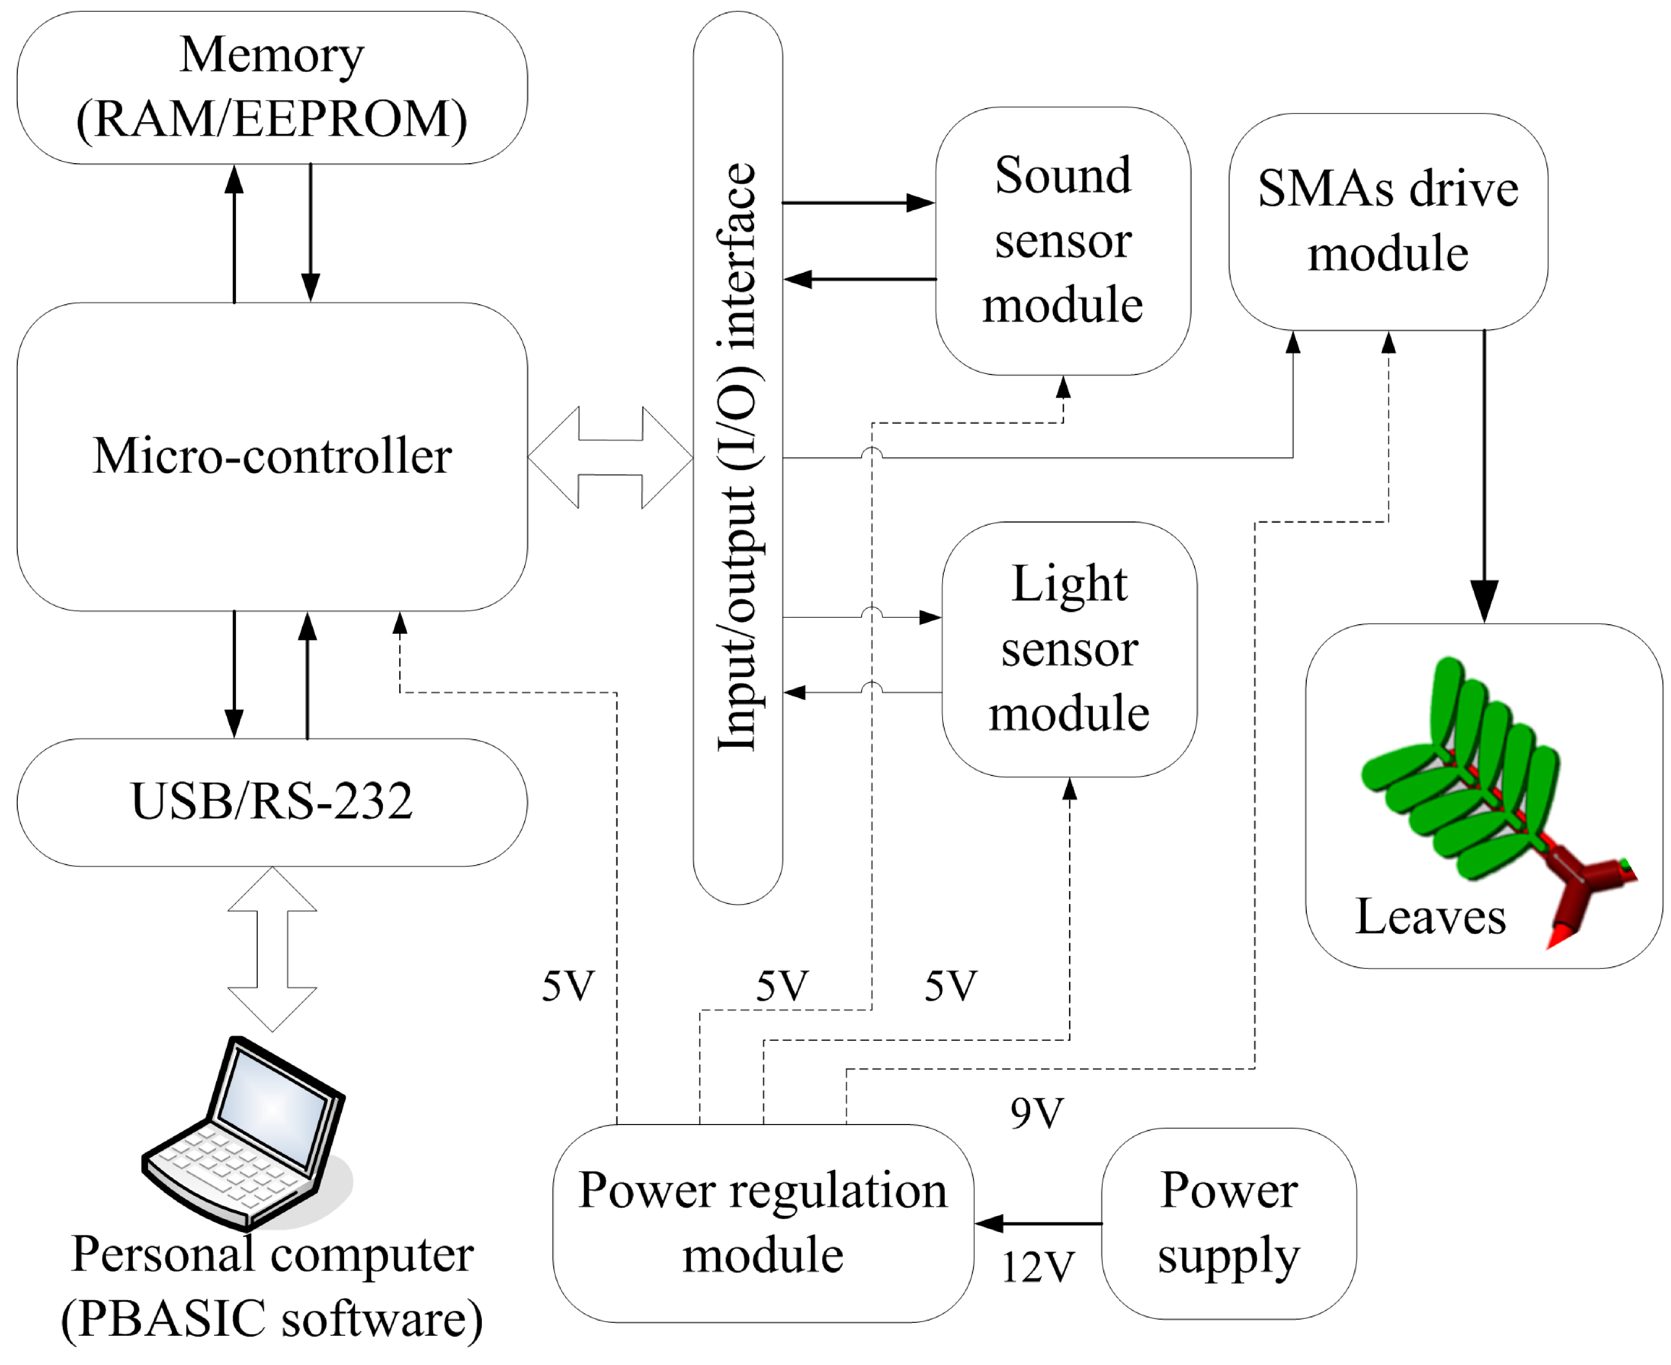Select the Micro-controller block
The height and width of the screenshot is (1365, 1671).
coord(272,456)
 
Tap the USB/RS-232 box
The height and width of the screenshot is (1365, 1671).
coord(272,802)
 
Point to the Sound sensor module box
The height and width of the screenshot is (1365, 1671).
coord(1063,240)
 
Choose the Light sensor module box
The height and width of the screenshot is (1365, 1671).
coord(1069,648)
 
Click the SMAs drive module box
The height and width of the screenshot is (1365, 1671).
coord(1388,221)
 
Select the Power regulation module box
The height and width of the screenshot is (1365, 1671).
coord(762,1223)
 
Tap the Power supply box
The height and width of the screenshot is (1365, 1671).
coord(1229,1223)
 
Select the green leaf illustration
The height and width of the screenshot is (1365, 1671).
coord(1462,771)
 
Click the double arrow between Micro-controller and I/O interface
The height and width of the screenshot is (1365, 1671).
coord(610,457)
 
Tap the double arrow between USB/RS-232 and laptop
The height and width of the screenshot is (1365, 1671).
coord(272,949)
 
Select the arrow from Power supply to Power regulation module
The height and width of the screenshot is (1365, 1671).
coord(1037,1223)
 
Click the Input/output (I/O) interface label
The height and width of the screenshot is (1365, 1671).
coord(737,457)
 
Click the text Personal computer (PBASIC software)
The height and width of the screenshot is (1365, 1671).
coord(272,1286)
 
